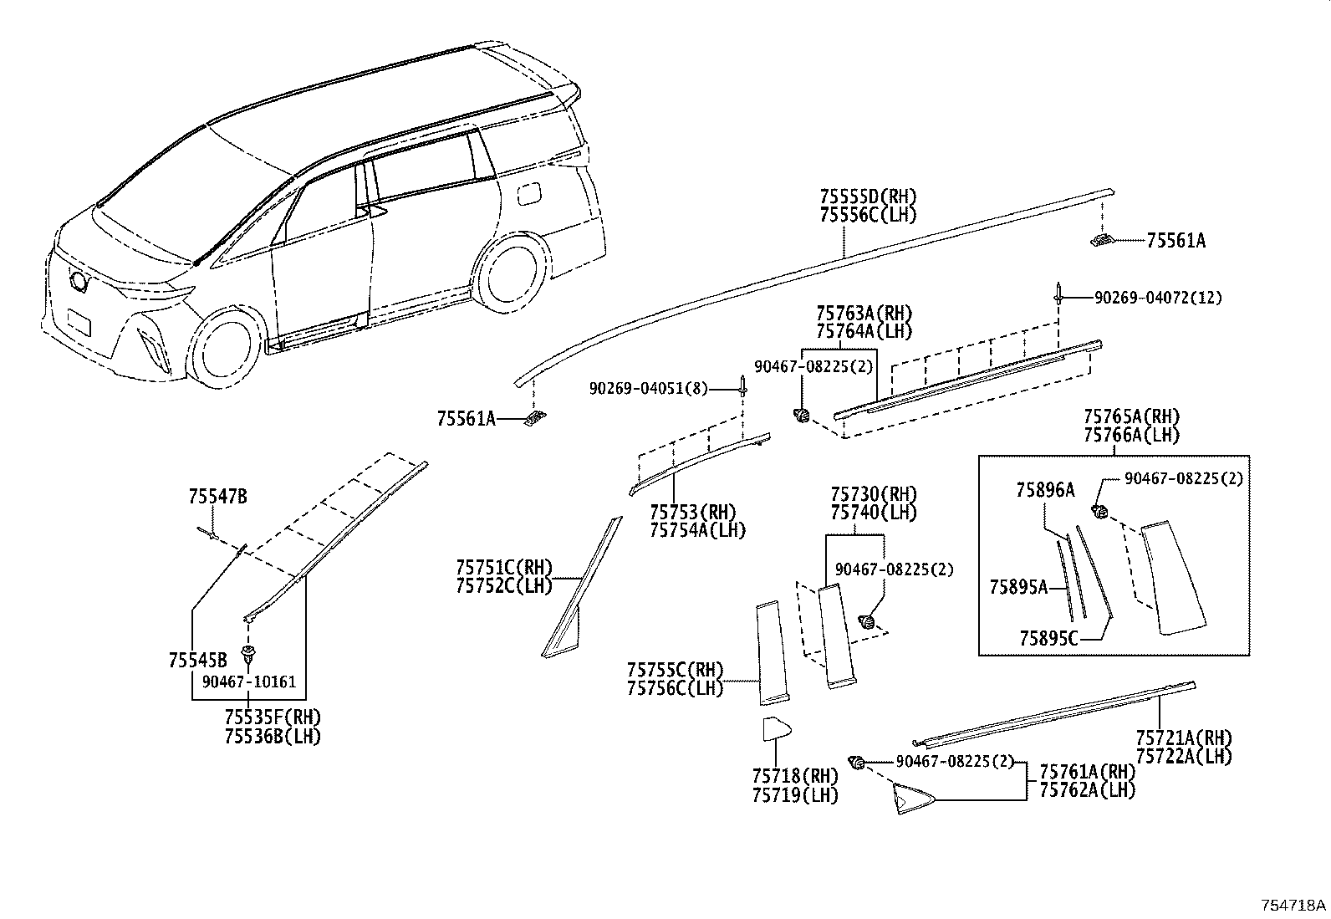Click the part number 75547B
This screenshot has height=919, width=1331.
217,497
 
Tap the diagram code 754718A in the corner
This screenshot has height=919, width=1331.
1293,906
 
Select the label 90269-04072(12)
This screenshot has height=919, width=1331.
1157,298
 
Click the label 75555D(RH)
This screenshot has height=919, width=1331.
868,197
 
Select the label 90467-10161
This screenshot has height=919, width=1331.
249,682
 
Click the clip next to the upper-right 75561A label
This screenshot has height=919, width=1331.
1102,241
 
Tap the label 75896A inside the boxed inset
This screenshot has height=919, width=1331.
1045,491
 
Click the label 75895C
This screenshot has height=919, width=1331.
1048,639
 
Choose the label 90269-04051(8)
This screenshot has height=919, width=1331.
648,388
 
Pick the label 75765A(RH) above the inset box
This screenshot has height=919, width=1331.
1130,417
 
